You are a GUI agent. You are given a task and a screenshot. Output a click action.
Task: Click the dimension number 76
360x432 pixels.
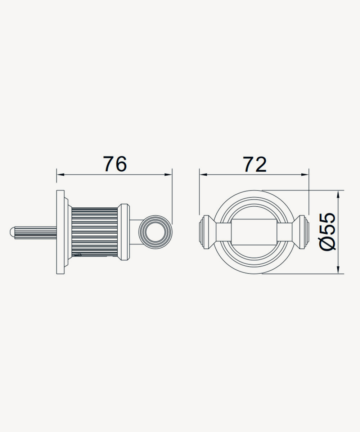[x=115, y=164]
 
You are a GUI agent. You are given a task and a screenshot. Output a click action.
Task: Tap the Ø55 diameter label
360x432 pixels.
[x=327, y=232]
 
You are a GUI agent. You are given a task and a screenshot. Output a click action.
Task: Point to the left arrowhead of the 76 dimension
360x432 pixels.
[x=60, y=175]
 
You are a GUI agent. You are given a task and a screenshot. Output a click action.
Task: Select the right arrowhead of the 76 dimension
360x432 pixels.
[x=168, y=175]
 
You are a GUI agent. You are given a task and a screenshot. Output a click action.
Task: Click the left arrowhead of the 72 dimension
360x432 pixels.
[x=203, y=175]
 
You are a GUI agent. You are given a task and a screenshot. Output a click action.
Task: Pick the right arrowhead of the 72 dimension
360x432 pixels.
[x=305, y=175]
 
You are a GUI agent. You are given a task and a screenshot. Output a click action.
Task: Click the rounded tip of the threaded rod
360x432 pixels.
[x=12, y=233]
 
